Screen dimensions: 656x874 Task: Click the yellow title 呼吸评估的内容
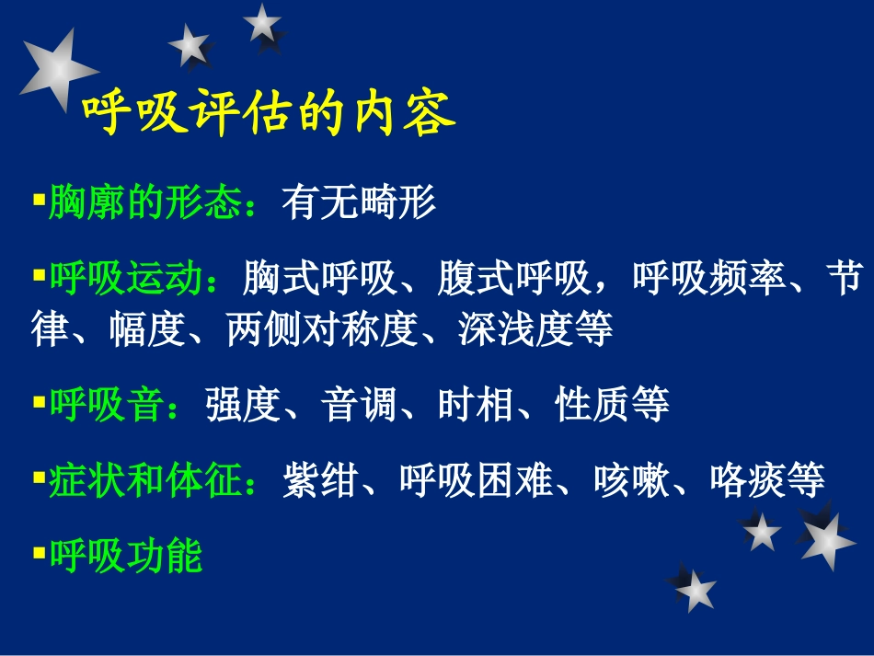[x=269, y=115]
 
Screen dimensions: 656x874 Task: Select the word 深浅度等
[x=535, y=329]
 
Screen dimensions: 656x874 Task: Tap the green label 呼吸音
[x=106, y=405]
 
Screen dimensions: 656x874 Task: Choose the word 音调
[x=359, y=405]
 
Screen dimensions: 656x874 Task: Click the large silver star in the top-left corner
[x=57, y=71]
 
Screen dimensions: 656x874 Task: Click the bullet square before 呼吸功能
[x=39, y=552]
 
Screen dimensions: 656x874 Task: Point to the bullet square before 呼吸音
[x=39, y=401]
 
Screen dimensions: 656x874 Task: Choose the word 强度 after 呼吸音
[x=241, y=405]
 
